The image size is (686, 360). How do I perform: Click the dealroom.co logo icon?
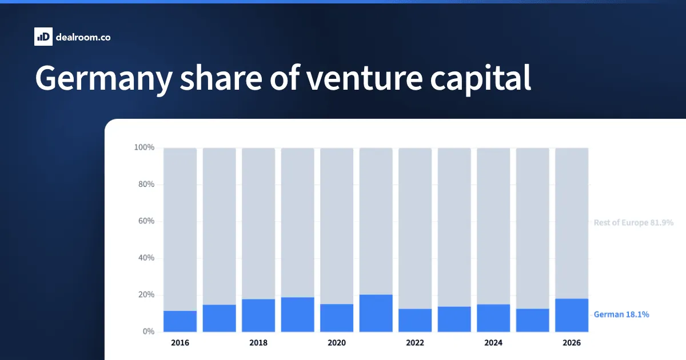43,37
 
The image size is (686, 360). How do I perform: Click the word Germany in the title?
104,79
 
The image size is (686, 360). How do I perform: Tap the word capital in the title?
480,79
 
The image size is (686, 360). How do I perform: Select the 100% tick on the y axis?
144,147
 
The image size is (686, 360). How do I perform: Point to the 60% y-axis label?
146,221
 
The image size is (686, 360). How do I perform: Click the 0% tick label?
149,331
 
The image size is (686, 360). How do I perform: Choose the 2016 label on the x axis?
180,342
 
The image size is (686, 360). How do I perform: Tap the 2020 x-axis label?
337,342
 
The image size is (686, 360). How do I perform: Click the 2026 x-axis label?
572,342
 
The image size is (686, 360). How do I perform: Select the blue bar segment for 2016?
180,321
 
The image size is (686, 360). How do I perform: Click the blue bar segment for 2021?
376,313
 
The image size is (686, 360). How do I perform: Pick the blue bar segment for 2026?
572,315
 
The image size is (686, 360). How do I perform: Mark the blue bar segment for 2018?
258,315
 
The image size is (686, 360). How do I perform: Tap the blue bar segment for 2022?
415,320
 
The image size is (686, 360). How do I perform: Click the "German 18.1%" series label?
621,314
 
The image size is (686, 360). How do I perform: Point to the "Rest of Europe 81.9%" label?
633,222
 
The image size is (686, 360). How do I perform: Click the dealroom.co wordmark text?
83,37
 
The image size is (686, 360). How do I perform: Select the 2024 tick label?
493,342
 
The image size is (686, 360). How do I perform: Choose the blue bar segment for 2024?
493,318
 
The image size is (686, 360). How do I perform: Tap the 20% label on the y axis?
146,294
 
